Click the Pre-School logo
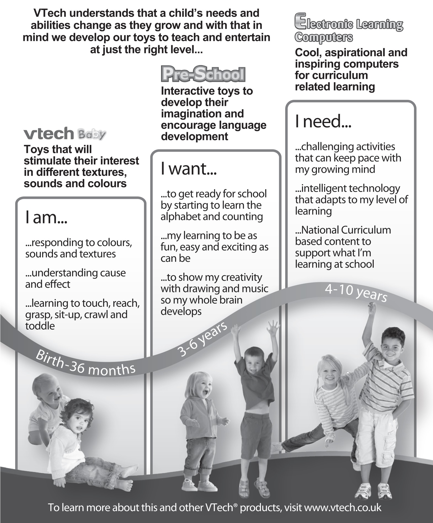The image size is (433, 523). tap(203, 74)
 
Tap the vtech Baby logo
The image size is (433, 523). tap(65, 134)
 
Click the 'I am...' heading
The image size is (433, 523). tap(46, 218)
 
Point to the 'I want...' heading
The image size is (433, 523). tap(189, 169)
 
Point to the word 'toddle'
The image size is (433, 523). tap(40, 326)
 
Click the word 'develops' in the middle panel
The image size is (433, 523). tap(181, 311)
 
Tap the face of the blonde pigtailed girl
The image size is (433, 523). tap(331, 375)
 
